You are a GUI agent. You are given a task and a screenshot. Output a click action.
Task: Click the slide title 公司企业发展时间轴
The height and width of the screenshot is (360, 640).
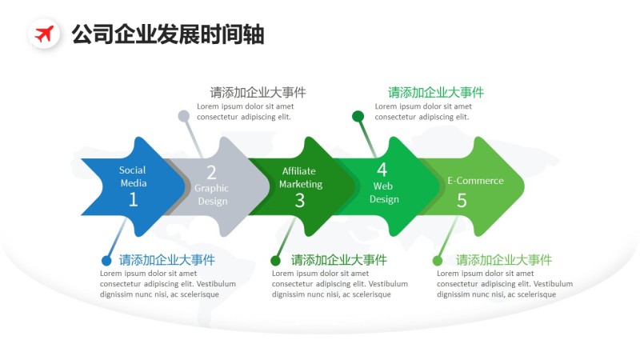click(167, 34)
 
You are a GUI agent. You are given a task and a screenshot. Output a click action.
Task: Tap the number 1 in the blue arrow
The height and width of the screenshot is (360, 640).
click(133, 200)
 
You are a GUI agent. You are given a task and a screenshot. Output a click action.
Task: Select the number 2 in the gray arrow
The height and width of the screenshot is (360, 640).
click(211, 172)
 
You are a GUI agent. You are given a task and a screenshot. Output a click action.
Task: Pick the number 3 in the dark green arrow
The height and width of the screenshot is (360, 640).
click(300, 200)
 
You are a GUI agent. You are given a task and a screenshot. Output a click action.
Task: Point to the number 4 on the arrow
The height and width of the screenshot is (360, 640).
click(382, 170)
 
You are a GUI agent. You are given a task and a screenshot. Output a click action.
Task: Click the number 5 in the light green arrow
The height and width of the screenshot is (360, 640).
click(462, 200)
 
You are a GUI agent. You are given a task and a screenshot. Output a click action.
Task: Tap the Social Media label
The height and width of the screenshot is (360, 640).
click(133, 176)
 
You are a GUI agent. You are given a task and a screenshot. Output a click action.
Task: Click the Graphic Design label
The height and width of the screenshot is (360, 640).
click(212, 194)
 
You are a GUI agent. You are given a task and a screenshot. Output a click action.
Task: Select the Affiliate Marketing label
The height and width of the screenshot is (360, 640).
click(300, 177)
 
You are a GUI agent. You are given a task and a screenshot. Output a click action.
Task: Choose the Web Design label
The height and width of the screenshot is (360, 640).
click(384, 193)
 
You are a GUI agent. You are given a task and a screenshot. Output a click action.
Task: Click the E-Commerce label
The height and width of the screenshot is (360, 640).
click(475, 181)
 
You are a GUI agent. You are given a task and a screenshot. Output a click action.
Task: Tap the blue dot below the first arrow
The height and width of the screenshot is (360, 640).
click(106, 261)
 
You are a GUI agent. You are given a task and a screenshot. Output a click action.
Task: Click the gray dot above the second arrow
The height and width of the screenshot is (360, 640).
click(184, 116)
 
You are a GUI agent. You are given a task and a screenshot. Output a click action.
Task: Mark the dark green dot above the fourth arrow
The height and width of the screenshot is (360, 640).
click(358, 116)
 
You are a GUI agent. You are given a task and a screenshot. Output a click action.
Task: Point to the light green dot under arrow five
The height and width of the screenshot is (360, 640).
click(438, 261)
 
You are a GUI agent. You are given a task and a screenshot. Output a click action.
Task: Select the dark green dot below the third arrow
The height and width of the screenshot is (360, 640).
click(275, 261)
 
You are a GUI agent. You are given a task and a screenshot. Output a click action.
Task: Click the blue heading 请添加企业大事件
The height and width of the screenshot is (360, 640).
click(167, 260)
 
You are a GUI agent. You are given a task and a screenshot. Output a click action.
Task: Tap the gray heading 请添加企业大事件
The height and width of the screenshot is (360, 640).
click(258, 93)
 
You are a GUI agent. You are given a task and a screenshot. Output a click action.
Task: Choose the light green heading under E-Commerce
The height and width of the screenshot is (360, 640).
click(504, 260)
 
